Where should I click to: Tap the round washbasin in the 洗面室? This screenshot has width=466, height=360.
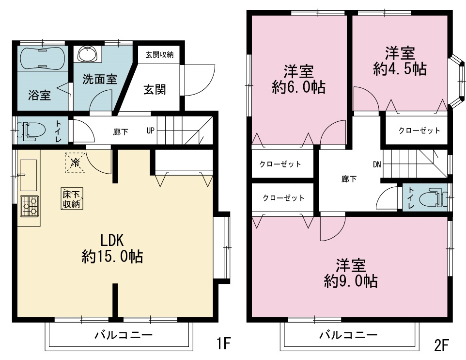(87, 54)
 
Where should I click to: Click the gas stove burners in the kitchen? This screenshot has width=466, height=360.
(30, 206)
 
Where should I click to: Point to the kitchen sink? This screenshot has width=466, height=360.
(29, 175)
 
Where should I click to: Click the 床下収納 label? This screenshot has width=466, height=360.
(72, 199)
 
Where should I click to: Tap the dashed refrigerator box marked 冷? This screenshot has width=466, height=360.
(76, 162)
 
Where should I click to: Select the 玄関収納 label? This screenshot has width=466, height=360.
(159, 55)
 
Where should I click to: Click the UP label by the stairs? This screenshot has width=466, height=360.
(150, 131)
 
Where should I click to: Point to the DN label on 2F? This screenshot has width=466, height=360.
(377, 164)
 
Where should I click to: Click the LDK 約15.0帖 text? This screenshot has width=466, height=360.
(112, 248)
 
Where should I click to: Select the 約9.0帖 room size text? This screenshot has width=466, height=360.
(351, 281)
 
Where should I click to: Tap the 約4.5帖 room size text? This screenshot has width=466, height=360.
(400, 69)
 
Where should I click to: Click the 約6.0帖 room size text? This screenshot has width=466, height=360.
(298, 87)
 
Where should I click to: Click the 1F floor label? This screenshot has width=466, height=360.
(223, 344)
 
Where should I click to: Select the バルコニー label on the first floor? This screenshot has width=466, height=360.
(124, 335)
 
